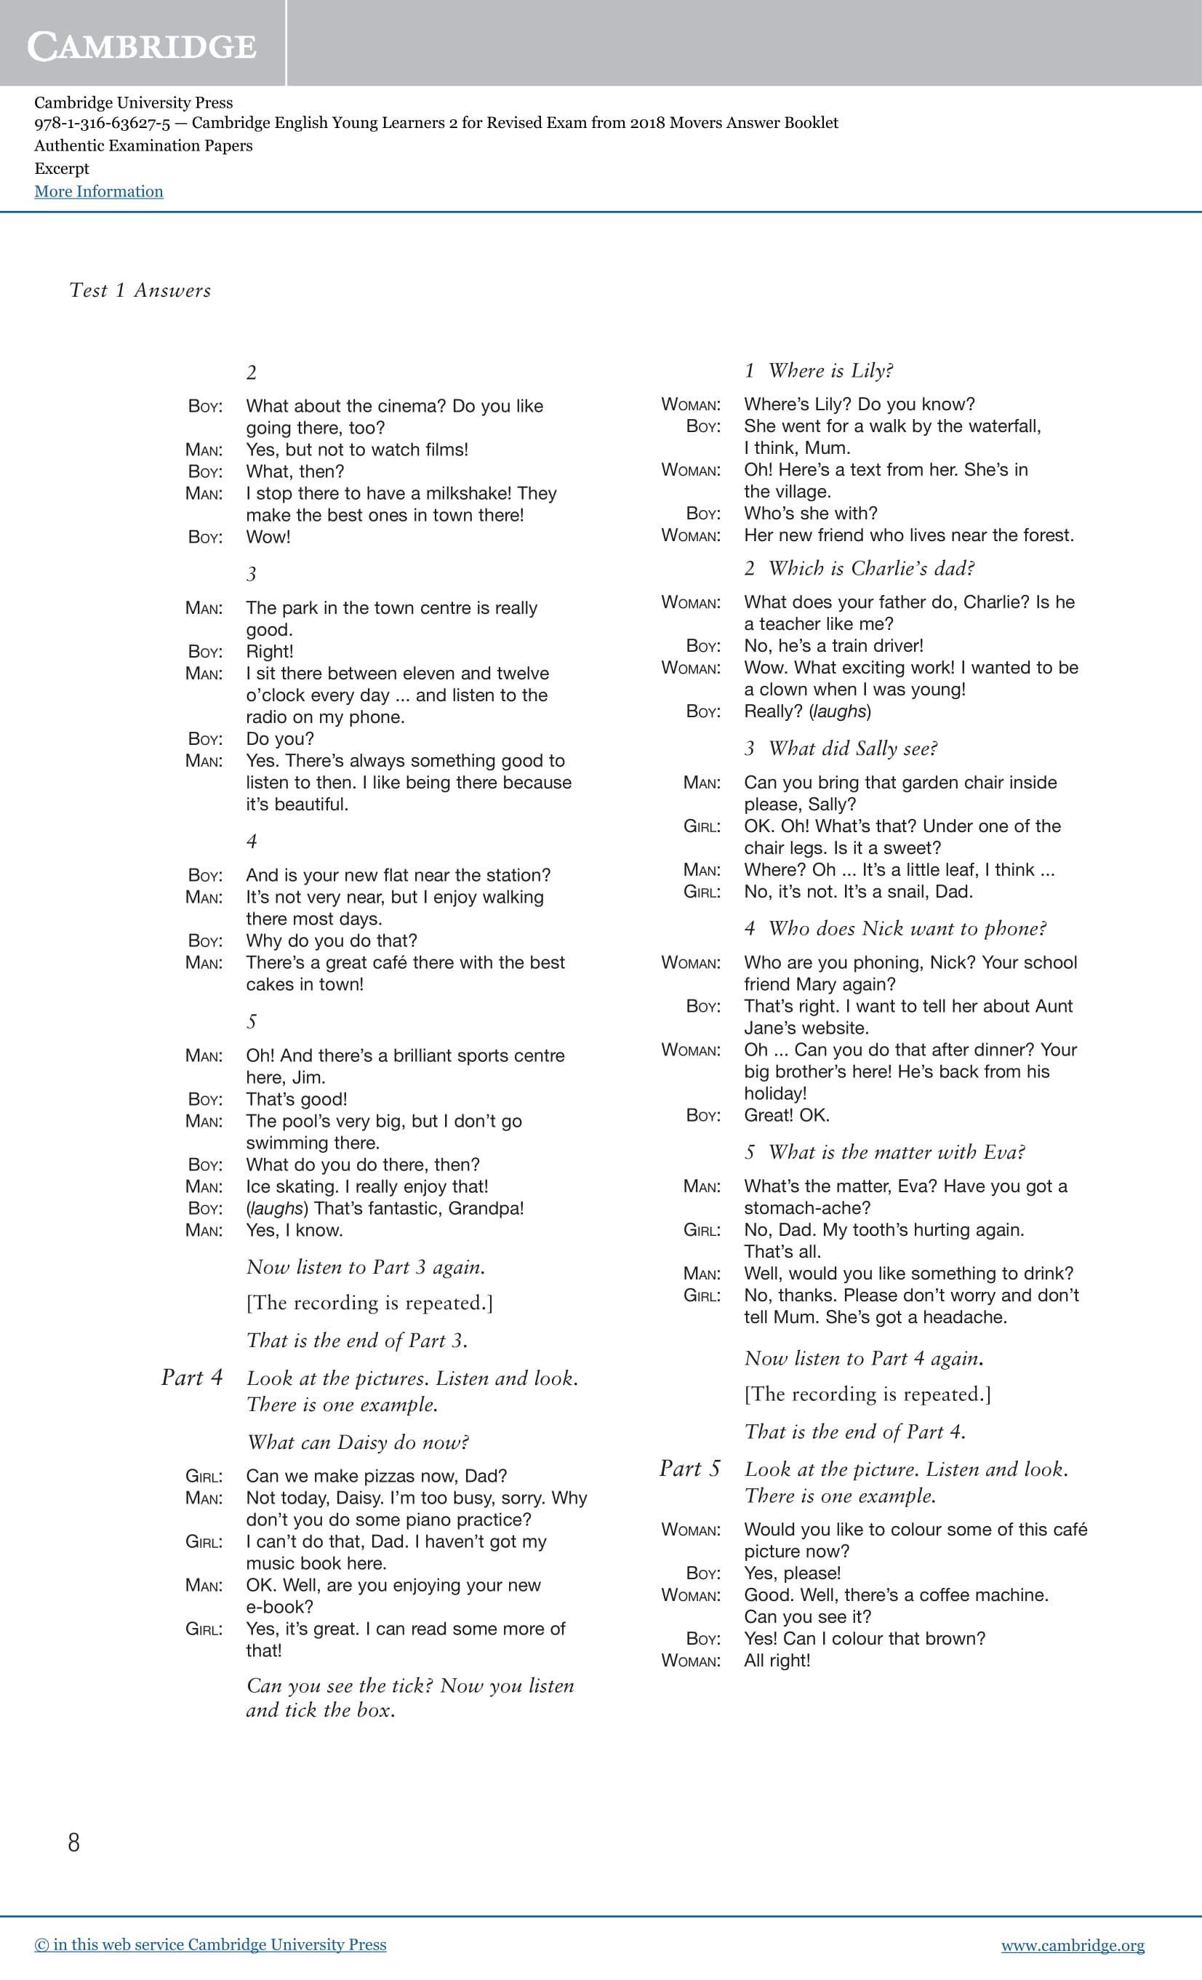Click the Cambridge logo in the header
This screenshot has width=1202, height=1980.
[143, 47]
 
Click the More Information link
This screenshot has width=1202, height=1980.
[98, 191]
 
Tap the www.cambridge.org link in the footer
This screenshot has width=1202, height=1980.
[1072, 1944]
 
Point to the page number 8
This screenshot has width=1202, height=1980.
[74, 1843]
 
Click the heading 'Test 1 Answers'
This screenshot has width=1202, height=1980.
[140, 290]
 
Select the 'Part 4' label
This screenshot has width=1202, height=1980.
[191, 1377]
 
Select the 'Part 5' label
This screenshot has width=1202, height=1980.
[689, 1468]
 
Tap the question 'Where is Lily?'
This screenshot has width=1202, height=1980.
[830, 370]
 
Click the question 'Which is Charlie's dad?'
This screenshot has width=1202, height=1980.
[871, 568]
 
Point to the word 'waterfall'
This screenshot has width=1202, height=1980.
[1001, 426]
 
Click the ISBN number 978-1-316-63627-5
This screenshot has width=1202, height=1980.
[102, 123]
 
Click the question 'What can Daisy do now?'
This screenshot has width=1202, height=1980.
[358, 1442]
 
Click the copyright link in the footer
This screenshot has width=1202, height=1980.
[209, 1944]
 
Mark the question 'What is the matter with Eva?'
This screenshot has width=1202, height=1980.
[896, 1151]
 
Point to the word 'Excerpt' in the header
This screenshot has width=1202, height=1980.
[62, 169]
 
